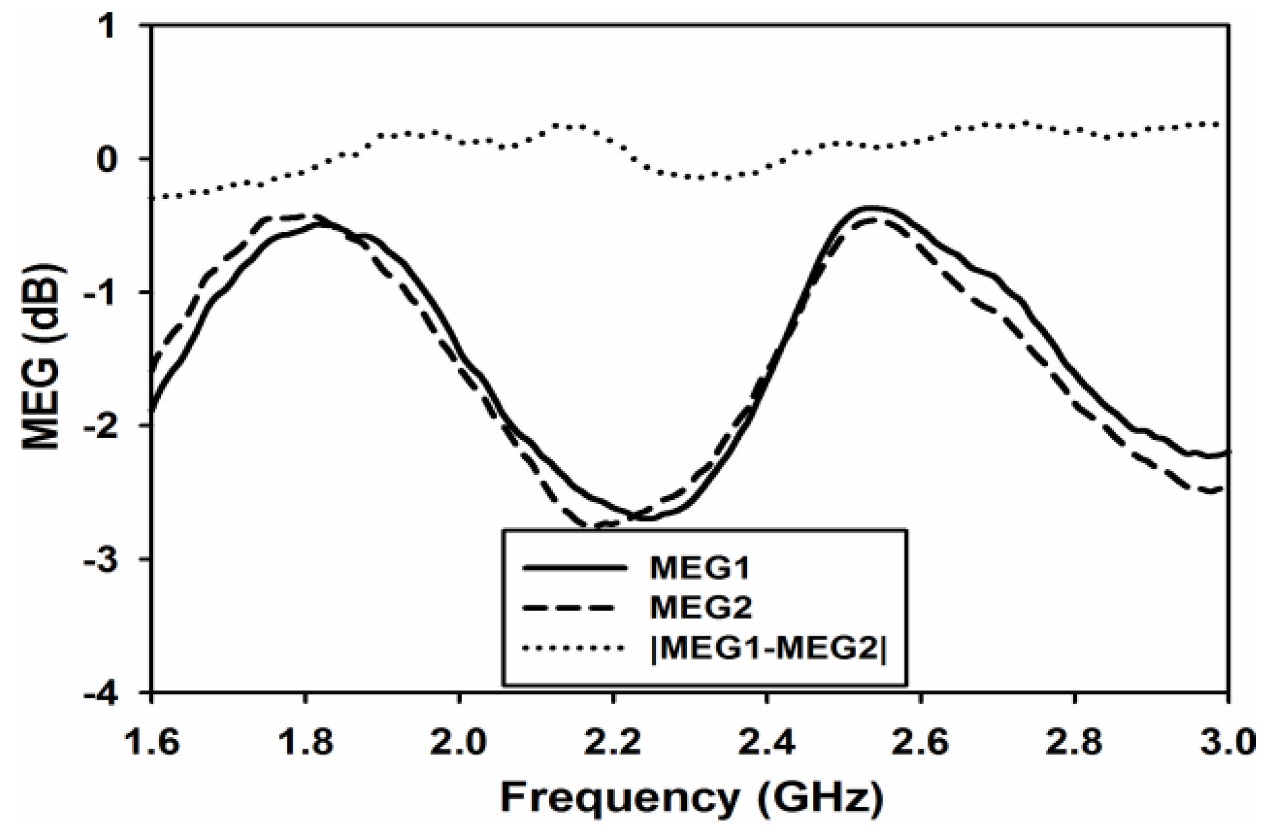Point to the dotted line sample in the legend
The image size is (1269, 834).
(x=574, y=648)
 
